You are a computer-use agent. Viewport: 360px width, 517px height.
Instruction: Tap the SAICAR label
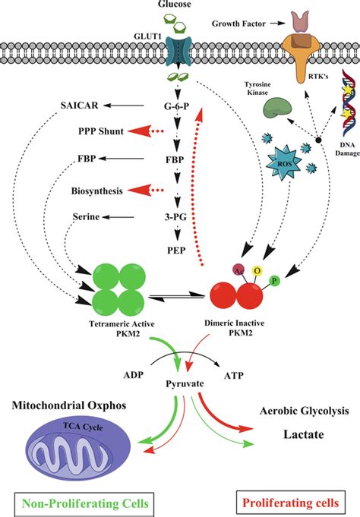(x=80, y=106)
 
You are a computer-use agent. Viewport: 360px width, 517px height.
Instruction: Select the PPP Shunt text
(x=101, y=131)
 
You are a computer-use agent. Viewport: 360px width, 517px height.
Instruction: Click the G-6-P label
(x=176, y=106)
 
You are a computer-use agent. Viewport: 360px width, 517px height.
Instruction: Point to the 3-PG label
(x=175, y=217)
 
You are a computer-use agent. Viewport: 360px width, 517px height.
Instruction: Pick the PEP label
(x=176, y=251)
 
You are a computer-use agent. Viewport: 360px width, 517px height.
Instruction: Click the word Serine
(x=86, y=217)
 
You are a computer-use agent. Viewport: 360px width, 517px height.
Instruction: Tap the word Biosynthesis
(x=97, y=191)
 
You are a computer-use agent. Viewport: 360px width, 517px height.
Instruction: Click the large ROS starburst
(x=285, y=163)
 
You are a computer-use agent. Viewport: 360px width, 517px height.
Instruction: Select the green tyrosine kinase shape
(x=277, y=108)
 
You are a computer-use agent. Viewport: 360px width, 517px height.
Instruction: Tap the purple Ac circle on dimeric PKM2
(x=238, y=270)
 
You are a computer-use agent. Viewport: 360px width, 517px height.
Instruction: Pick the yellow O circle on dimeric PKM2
(x=257, y=271)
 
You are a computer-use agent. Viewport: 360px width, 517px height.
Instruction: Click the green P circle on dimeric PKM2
(x=274, y=281)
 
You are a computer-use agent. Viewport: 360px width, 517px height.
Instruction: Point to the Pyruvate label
(x=185, y=384)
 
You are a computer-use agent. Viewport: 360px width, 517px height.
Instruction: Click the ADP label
(x=134, y=375)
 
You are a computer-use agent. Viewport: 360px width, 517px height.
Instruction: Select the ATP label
(x=234, y=375)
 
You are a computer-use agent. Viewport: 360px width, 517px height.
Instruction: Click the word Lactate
(x=304, y=434)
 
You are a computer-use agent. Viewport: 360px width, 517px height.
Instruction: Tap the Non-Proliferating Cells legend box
(x=84, y=503)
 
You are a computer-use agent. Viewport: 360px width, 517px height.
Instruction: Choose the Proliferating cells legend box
(x=291, y=503)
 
